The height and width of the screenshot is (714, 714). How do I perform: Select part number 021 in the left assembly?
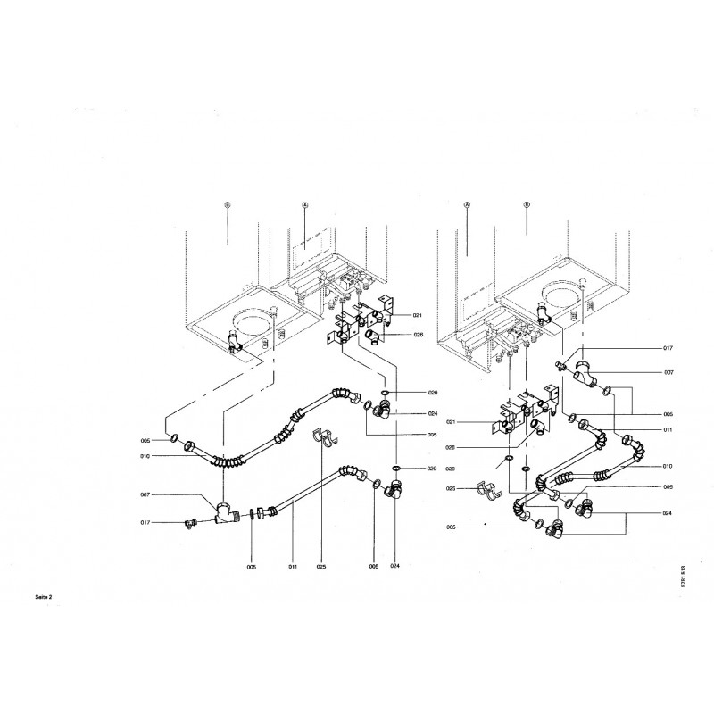point(418,316)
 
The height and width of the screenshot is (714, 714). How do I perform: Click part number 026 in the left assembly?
point(418,336)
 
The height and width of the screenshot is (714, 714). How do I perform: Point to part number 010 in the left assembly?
point(146,456)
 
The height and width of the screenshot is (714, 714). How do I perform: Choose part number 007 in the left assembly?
point(146,495)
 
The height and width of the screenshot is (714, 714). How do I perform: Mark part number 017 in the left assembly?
point(146,523)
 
